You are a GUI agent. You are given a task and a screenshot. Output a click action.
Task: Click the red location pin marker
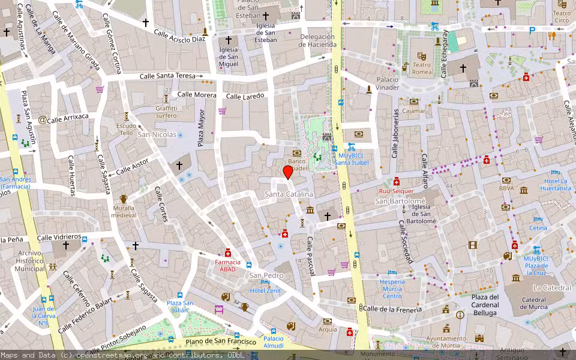(x=288, y=172)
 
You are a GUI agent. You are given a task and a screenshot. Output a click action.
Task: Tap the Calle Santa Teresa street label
(x=168, y=76)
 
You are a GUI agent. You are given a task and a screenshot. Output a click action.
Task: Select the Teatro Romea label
(x=422, y=68)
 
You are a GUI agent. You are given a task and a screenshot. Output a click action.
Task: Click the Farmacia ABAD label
(x=228, y=265)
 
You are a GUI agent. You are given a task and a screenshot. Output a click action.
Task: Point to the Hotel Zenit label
(x=265, y=290)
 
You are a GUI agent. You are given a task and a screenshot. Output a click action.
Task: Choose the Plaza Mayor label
(x=201, y=128)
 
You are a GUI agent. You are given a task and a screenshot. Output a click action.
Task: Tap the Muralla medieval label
(x=124, y=211)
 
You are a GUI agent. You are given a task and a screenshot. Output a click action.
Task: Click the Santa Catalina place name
(x=289, y=194)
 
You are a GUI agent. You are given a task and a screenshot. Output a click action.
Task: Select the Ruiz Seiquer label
(x=396, y=191)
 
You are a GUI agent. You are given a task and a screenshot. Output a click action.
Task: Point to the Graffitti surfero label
(x=166, y=112)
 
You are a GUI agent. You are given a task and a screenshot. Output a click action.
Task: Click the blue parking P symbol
(x=532, y=30)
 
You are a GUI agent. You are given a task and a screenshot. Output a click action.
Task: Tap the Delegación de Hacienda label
(x=317, y=40)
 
